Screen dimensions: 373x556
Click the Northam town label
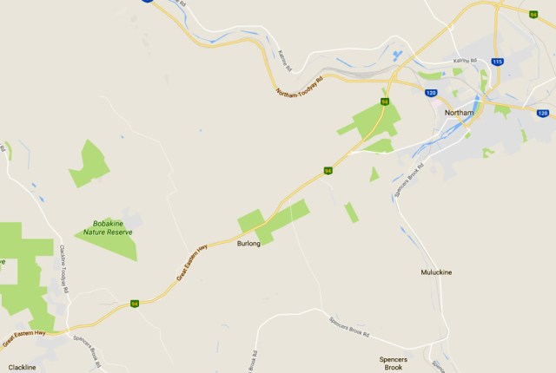458,113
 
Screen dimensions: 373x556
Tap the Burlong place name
248,245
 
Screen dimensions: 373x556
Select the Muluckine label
436,272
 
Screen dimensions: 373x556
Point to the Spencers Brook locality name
393,363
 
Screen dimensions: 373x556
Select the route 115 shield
497,62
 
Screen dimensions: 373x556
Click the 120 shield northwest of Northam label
430,92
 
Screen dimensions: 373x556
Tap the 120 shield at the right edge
543,113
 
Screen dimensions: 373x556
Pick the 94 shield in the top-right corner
533,13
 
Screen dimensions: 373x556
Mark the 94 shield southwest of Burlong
135,304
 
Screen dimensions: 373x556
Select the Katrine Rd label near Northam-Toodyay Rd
284,59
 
